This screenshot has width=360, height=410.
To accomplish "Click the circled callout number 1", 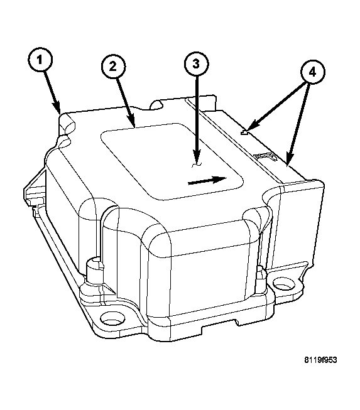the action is click(40, 60).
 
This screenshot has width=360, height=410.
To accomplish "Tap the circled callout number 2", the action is click(113, 67).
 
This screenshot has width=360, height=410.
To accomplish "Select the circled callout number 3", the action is click(196, 64).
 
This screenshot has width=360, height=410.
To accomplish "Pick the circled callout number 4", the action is click(312, 72).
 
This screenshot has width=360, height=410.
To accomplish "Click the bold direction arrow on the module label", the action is click(207, 180).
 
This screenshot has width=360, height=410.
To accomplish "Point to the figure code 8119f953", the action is click(320, 360).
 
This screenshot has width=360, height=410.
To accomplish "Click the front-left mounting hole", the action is click(112, 319).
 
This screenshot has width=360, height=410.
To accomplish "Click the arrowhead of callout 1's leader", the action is click(58, 109).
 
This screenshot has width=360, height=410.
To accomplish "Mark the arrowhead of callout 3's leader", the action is click(197, 157).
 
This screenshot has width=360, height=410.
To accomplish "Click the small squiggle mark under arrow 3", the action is click(196, 165).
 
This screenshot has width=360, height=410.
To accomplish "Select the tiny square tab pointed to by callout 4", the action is click(244, 133).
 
